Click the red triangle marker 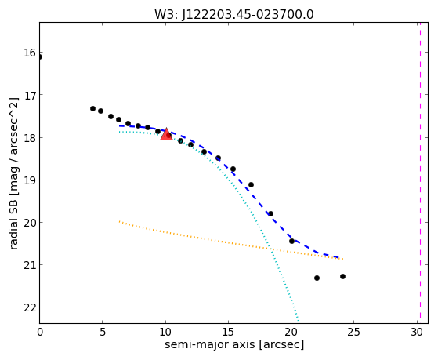pyautogui.click(x=166, y=135)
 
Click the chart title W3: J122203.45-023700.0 pyautogui.click(x=234, y=14)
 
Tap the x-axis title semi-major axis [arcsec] pyautogui.click(x=234, y=344)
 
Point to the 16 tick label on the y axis pyautogui.click(x=30, y=53)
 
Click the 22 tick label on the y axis pyautogui.click(x=30, y=307)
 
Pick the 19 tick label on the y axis pyautogui.click(x=30, y=180)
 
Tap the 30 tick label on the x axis pyautogui.click(x=417, y=333)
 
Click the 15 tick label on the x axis pyautogui.click(x=228, y=333)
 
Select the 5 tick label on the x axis pyautogui.click(x=103, y=333)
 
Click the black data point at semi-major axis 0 pyautogui.click(x=40, y=57)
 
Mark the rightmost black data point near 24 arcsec pyautogui.click(x=342, y=276)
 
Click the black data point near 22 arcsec pyautogui.click(x=317, y=278)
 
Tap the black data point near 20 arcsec pyautogui.click(x=292, y=241)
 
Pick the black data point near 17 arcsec pyautogui.click(x=251, y=184)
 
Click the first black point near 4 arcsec pyautogui.click(x=92, y=108)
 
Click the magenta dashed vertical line pyautogui.click(x=420, y=173)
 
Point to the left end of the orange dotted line pyautogui.click(x=120, y=221)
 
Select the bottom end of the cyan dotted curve pyautogui.click(x=299, y=320)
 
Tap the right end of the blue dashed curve pyautogui.click(x=340, y=257)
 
